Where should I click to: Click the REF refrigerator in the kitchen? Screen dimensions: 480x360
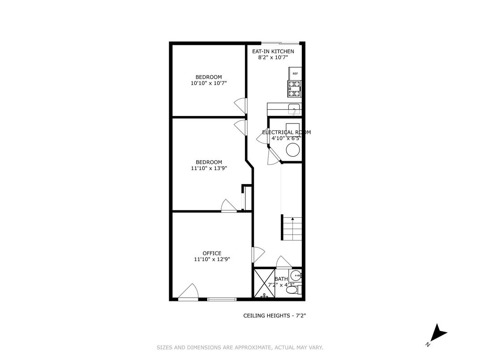(x=295, y=73)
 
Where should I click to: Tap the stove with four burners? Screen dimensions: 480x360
(x=295, y=89)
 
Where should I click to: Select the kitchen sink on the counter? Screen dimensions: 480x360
(x=294, y=109)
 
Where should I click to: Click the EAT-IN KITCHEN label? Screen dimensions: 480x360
(x=273, y=51)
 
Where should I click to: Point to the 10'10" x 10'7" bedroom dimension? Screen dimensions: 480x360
(x=209, y=83)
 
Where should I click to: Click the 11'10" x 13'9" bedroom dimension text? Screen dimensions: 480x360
(x=209, y=168)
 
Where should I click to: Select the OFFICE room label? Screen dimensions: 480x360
(x=212, y=253)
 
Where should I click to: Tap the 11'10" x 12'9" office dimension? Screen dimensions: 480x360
(x=212, y=259)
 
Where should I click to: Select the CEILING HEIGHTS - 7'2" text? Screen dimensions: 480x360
(x=274, y=316)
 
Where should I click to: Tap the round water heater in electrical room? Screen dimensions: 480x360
(x=293, y=150)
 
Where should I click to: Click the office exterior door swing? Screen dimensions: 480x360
(x=188, y=291)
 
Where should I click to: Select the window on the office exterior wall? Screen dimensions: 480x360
(x=222, y=299)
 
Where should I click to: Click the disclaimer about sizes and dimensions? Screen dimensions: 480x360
(x=240, y=347)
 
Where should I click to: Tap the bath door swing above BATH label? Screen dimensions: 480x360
(x=284, y=262)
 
